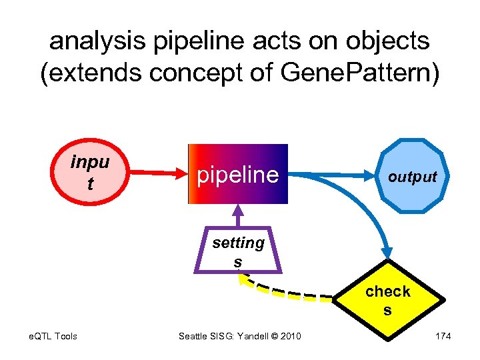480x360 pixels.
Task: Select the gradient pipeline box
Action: click(237, 174)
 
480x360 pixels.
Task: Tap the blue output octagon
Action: click(411, 176)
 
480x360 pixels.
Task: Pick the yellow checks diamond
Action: click(388, 301)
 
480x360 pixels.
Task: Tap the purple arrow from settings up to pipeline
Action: click(237, 217)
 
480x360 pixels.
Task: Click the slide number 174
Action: click(443, 336)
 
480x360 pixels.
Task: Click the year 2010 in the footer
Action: click(290, 336)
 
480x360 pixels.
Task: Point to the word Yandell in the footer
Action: click(249, 336)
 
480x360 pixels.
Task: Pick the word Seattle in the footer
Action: click(194, 336)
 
